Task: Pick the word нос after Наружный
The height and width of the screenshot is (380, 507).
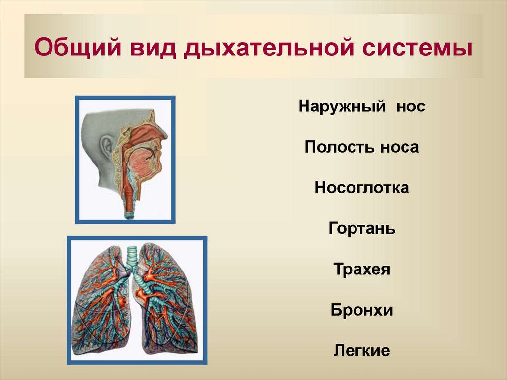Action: pos(410,107)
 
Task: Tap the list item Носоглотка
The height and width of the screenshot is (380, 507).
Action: pos(361,188)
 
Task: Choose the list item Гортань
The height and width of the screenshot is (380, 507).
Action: pos(361,229)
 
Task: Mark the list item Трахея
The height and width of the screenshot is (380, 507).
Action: pos(361,270)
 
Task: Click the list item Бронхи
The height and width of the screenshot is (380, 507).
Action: pos(361,311)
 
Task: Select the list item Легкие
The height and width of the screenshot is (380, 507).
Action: pos(361,351)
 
